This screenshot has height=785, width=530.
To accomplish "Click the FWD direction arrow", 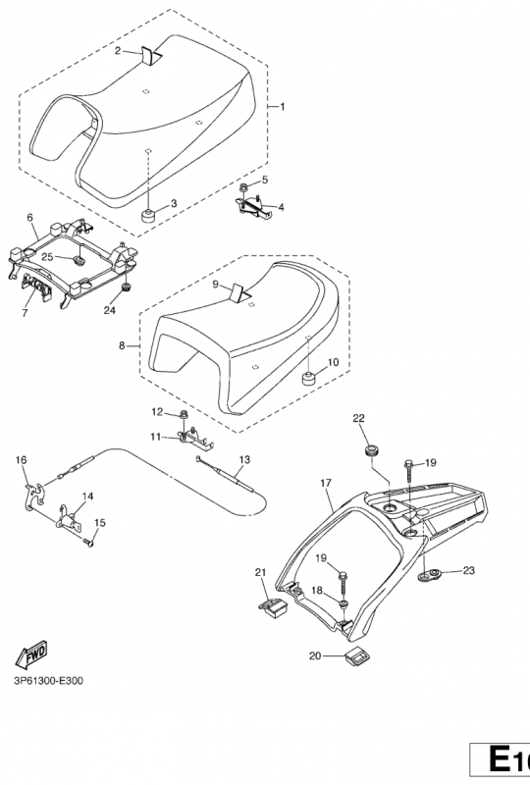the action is point(31,654).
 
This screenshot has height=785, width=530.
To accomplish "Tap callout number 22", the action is point(358,418).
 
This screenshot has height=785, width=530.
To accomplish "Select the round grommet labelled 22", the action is point(371,450).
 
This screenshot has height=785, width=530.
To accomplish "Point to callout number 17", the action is point(326,483).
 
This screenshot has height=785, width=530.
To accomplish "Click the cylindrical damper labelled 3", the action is point(148,216).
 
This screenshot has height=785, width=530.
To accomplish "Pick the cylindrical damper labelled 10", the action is point(309,378).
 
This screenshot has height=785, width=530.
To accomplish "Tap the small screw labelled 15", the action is point(89,542).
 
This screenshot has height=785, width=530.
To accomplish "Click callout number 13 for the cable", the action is point(244,459).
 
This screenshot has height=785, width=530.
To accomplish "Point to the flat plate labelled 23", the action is point(429,574).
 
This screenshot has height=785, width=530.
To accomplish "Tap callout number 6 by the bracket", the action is point(30,218).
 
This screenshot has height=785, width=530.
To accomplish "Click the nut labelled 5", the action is point(243,187).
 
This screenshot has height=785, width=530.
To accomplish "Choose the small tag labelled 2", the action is point(150,56).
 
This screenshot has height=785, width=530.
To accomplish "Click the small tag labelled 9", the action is point(238,292).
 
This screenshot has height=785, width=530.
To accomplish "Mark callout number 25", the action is point(47,257).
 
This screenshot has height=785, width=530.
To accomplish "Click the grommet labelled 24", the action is point(126,288).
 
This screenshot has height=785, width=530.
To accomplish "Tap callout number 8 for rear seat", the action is point(122,345).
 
